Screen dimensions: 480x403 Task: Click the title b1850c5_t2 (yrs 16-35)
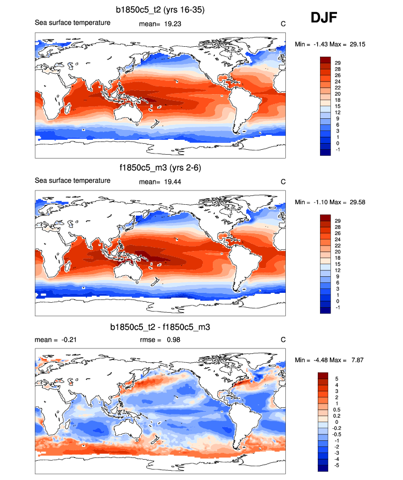pos(161,10)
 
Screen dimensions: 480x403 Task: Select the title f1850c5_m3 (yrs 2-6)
pos(161,167)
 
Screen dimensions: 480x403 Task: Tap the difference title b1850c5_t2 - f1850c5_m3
pos(161,327)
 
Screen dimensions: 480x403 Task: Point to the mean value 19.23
pos(173,24)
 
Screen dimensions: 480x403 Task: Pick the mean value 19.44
pos(173,181)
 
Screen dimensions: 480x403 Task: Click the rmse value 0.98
pos(173,340)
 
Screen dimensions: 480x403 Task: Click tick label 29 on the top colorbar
pos(338,63)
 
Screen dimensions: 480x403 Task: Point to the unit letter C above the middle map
pos(283,181)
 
